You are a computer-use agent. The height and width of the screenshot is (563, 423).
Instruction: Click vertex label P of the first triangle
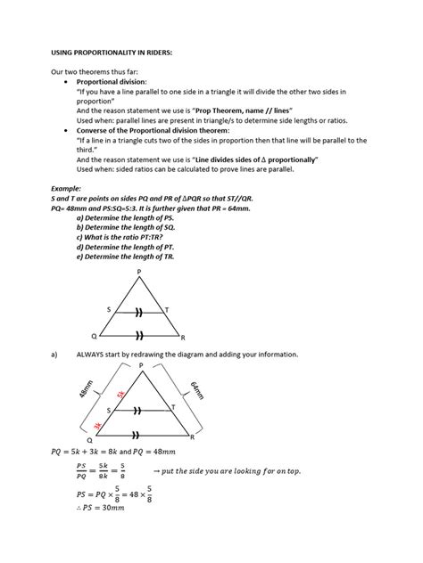[x=138, y=271]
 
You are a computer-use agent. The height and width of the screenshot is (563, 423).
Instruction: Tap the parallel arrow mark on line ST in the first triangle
[x=138, y=313]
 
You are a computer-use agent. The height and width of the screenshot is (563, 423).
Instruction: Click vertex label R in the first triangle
[x=183, y=339]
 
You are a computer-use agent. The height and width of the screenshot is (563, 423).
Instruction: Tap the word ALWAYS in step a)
[x=93, y=354]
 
